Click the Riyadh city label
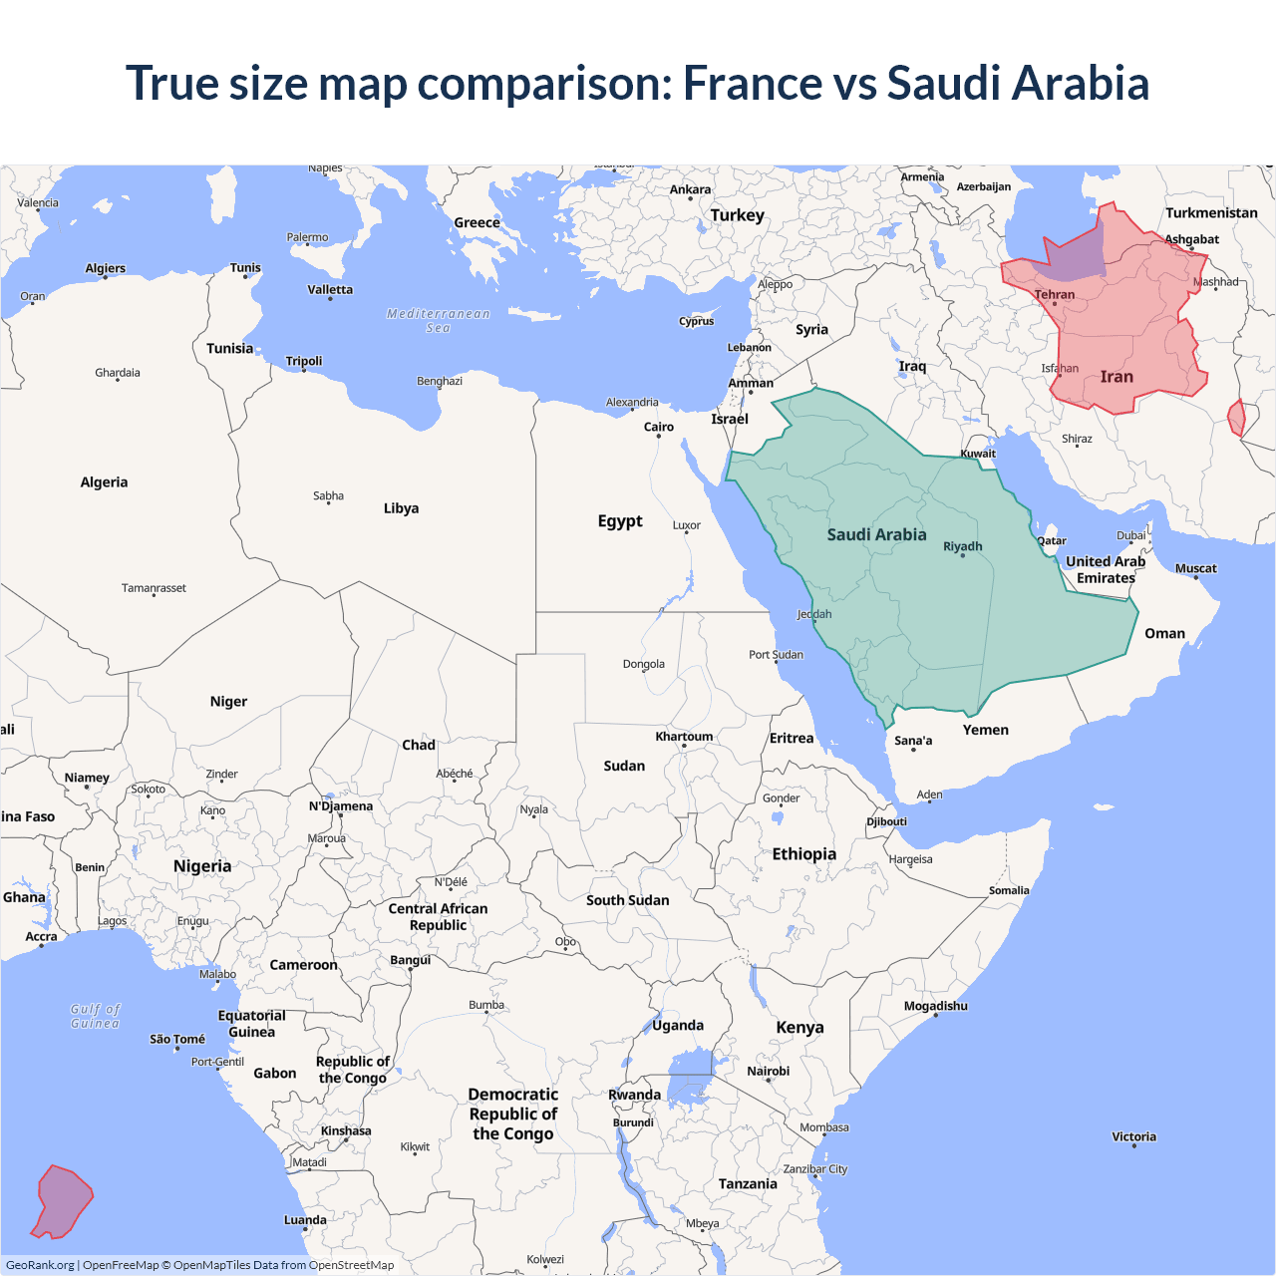coord(962,546)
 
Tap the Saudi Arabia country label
coord(876,534)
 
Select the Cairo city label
coord(658,427)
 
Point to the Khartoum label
coord(684,737)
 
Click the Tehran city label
coord(1055,294)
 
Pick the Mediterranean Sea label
coord(439,320)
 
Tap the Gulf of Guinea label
coord(96,1016)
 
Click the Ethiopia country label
coord(803,853)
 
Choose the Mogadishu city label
coord(935,1006)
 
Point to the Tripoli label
coord(304,361)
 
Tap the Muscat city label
coord(1195,568)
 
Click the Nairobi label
coord(768,1071)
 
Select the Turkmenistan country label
coord(1211,212)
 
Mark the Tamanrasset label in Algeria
coord(154,588)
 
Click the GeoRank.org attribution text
coord(40,1265)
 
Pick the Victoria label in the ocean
coord(1133,1136)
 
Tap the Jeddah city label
coord(813,614)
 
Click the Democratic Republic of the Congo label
coord(512,1114)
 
